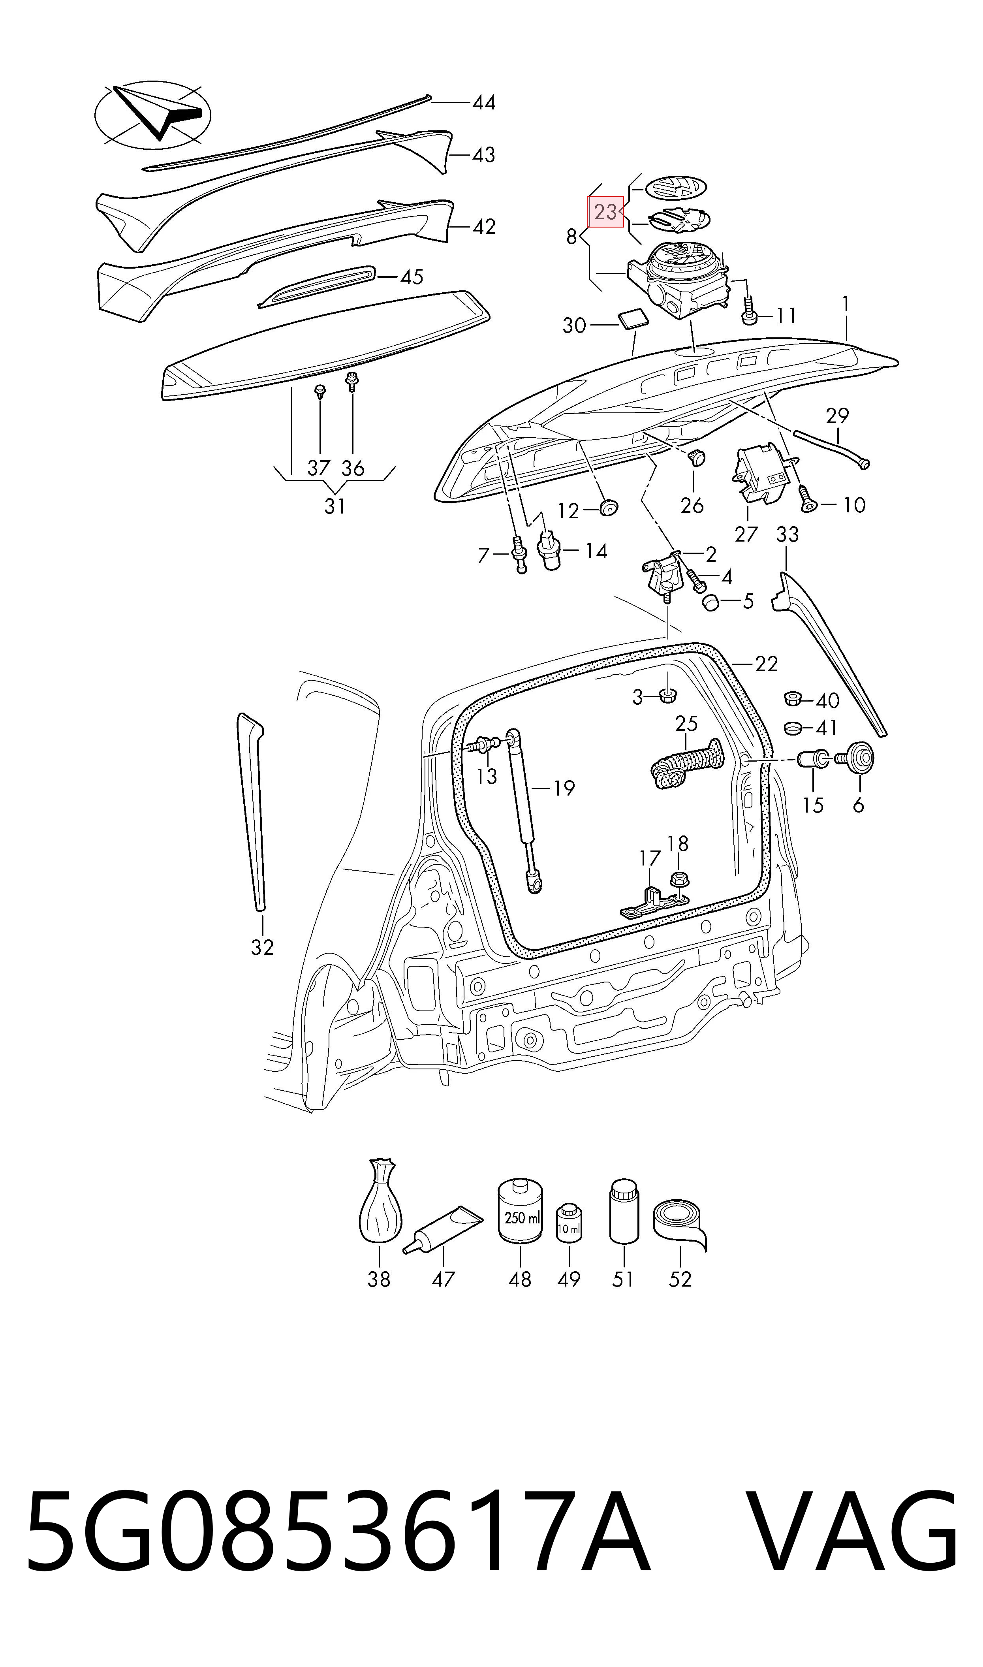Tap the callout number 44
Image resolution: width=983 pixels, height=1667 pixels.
[483, 103]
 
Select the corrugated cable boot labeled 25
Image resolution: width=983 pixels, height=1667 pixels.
[687, 763]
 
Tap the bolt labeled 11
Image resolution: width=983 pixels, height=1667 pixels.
[749, 309]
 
